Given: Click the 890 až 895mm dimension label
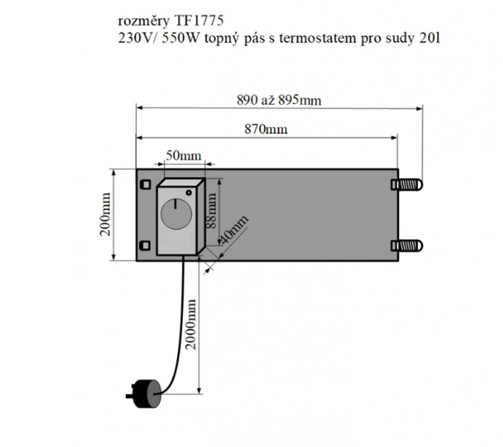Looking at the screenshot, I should (279, 100).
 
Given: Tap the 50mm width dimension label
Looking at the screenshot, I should (184, 156).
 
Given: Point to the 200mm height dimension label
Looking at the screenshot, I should (106, 214).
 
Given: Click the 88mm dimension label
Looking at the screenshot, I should (212, 212).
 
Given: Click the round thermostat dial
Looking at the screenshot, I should (176, 214).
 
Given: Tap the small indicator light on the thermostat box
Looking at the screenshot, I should (189, 193).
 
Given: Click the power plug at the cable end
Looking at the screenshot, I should (146, 394).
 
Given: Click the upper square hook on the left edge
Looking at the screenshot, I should (146, 184).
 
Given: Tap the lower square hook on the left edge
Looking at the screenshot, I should (146, 245).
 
